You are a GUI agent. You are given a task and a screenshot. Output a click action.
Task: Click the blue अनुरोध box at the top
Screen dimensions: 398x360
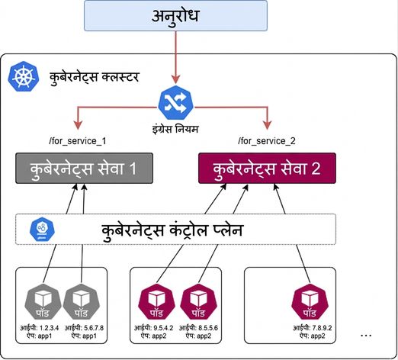pyautogui.click(x=175, y=15)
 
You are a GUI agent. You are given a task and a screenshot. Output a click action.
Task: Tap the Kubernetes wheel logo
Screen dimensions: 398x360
pyautogui.click(x=24, y=76)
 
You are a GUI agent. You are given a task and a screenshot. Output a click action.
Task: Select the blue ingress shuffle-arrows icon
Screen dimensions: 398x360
pyautogui.click(x=175, y=103)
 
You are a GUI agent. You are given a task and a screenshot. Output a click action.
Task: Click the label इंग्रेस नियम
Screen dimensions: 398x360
pyautogui.click(x=175, y=129)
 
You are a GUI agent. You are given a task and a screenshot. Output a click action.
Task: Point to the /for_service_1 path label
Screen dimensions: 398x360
pyautogui.click(x=78, y=141)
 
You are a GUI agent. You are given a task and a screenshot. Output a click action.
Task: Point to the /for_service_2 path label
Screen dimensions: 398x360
pyautogui.click(x=267, y=141)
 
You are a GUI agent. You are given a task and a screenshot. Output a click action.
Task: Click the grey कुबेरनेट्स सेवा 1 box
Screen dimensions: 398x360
pyautogui.click(x=84, y=168)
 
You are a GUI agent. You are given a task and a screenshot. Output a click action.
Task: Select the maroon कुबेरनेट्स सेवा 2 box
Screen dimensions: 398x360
pyautogui.click(x=267, y=168)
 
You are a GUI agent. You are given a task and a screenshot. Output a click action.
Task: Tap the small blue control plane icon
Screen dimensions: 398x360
pyautogui.click(x=42, y=230)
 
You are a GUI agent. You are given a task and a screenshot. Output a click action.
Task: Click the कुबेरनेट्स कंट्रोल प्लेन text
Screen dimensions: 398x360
pyautogui.click(x=172, y=230)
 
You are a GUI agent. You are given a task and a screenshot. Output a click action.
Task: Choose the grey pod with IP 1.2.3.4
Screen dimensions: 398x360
pyautogui.click(x=43, y=301)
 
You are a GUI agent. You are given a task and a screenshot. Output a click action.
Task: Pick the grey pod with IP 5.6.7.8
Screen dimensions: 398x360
pyautogui.click(x=81, y=301)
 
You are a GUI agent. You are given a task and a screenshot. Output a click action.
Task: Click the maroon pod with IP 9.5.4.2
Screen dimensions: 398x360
pyautogui.click(x=156, y=301)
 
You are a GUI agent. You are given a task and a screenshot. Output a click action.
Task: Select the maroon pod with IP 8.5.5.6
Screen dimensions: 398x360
pyautogui.click(x=198, y=301)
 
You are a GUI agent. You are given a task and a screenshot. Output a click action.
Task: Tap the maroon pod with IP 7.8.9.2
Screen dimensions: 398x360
pyautogui.click(x=310, y=301)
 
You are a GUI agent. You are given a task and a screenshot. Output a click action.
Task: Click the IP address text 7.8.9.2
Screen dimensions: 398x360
pyautogui.click(x=321, y=328)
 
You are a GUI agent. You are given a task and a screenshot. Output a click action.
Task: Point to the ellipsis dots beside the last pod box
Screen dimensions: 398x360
pyautogui.click(x=366, y=336)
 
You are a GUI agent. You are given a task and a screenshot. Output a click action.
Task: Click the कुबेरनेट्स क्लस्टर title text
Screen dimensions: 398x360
pyautogui.click(x=95, y=77)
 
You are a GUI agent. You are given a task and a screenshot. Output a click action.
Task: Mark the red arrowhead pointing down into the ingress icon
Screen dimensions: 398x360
pyautogui.click(x=175, y=79)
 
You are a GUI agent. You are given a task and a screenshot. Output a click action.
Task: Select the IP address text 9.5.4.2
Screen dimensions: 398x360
pyautogui.click(x=163, y=328)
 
